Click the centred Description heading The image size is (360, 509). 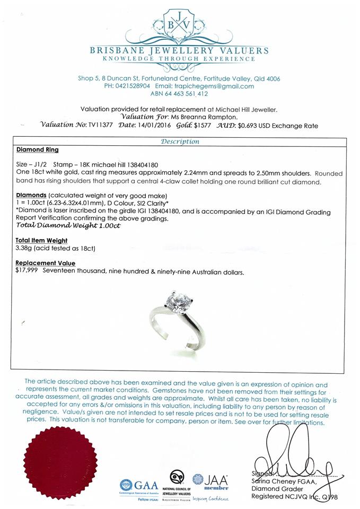tap(180, 142)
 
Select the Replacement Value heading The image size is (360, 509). tap(46, 264)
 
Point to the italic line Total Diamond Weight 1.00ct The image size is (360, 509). tap(68, 225)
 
